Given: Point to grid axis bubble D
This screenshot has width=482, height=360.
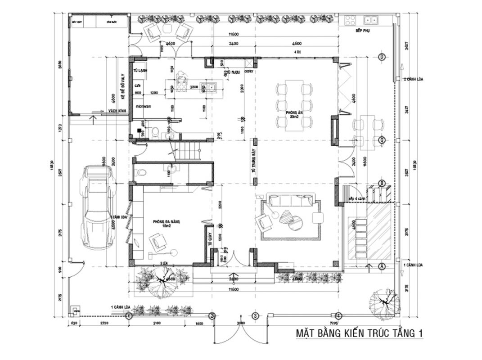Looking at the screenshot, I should point(382,57).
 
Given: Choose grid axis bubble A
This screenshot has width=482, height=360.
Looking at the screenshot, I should point(382,266).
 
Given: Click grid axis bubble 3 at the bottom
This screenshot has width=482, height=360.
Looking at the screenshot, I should point(255,315).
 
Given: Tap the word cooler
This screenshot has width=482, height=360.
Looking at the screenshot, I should point(249,72).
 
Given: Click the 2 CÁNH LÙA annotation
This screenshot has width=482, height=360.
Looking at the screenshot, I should point(412,79).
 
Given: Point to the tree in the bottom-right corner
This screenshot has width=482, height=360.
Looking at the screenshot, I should point(384,301).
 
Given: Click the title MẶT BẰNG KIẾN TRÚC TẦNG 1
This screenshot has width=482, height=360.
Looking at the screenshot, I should point(359,333).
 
